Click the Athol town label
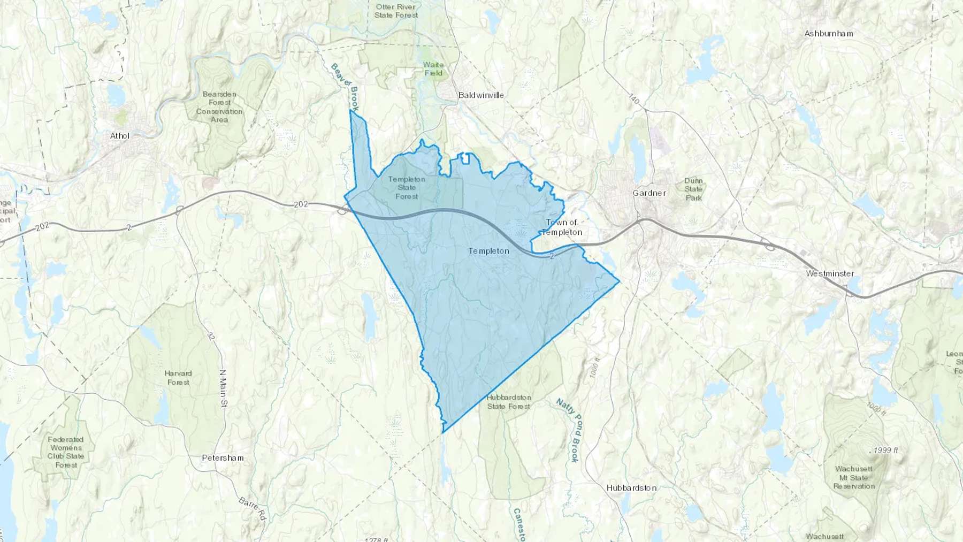pyautogui.click(x=120, y=136)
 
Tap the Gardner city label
pyautogui.click(x=649, y=193)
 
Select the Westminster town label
pyautogui.click(x=830, y=273)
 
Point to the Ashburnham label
pyautogui.click(x=829, y=33)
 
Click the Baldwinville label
pyautogui.click(x=481, y=95)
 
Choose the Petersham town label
pyautogui.click(x=223, y=458)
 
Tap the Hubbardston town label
pyautogui.click(x=631, y=488)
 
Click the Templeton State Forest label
pyautogui.click(x=407, y=188)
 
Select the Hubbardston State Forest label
pyautogui.click(x=509, y=402)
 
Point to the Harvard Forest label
pyautogui.click(x=178, y=378)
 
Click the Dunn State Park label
pyautogui.click(x=693, y=189)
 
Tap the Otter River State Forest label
pyautogui.click(x=396, y=11)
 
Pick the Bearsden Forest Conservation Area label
pyautogui.click(x=219, y=107)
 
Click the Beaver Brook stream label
pyautogui.click(x=345, y=87)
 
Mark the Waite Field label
pyautogui.click(x=433, y=69)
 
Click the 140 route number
pyautogui.click(x=634, y=100)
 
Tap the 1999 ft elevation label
pyautogui.click(x=886, y=451)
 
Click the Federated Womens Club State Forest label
pyautogui.click(x=66, y=452)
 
